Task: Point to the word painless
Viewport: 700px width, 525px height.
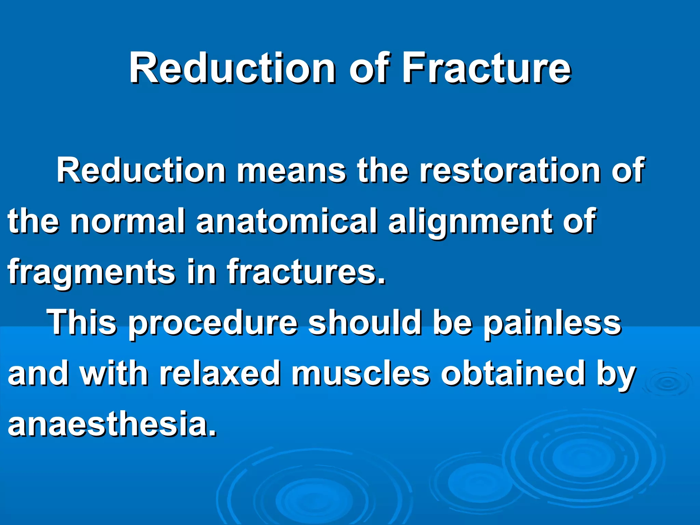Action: (552, 323)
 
